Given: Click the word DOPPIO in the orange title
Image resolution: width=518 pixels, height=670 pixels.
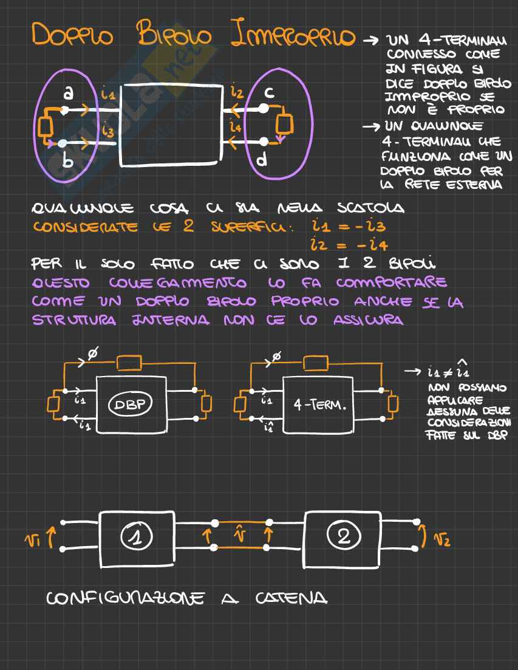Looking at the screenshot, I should pyautogui.click(x=72, y=36).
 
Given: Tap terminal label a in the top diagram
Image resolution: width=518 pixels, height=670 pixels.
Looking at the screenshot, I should pyautogui.click(x=69, y=93).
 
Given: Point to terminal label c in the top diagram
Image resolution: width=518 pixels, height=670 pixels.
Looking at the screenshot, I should pyautogui.click(x=270, y=93).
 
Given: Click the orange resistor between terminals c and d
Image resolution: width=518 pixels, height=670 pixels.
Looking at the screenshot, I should pyautogui.click(x=284, y=123).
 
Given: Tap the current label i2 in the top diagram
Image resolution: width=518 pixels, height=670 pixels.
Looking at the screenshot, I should pyautogui.click(x=237, y=92).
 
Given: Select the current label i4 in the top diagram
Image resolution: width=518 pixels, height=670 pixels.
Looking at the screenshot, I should pyautogui.click(x=237, y=127).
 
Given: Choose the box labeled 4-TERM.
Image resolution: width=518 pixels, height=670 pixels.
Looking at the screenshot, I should pyautogui.click(x=319, y=405).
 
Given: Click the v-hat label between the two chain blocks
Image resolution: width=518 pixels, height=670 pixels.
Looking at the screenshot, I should pyautogui.click(x=241, y=534).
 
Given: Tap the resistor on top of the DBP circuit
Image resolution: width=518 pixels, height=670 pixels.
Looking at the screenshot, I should pyautogui.click(x=129, y=363).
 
